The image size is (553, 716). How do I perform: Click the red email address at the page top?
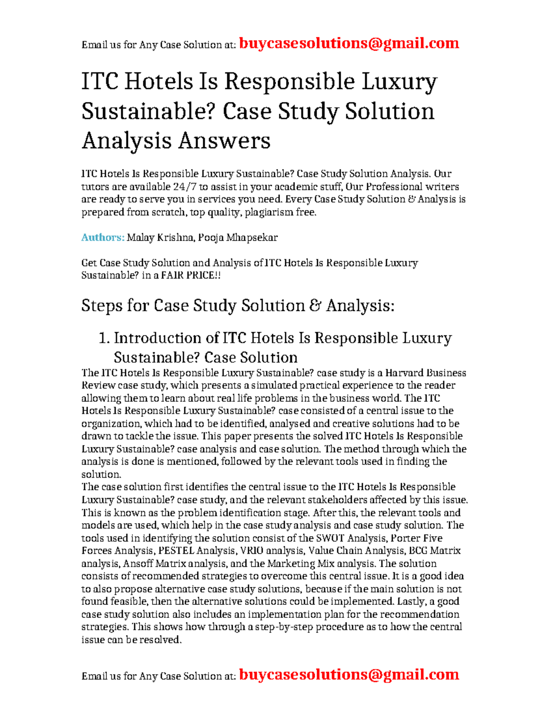click(x=349, y=44)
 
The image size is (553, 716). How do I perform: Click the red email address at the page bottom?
click(x=349, y=675)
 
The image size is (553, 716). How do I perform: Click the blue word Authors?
click(x=103, y=238)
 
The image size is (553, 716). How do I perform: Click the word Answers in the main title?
click(x=224, y=141)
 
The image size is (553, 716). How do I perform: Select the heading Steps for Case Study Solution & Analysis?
click(x=238, y=306)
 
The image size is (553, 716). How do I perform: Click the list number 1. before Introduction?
click(x=104, y=338)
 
